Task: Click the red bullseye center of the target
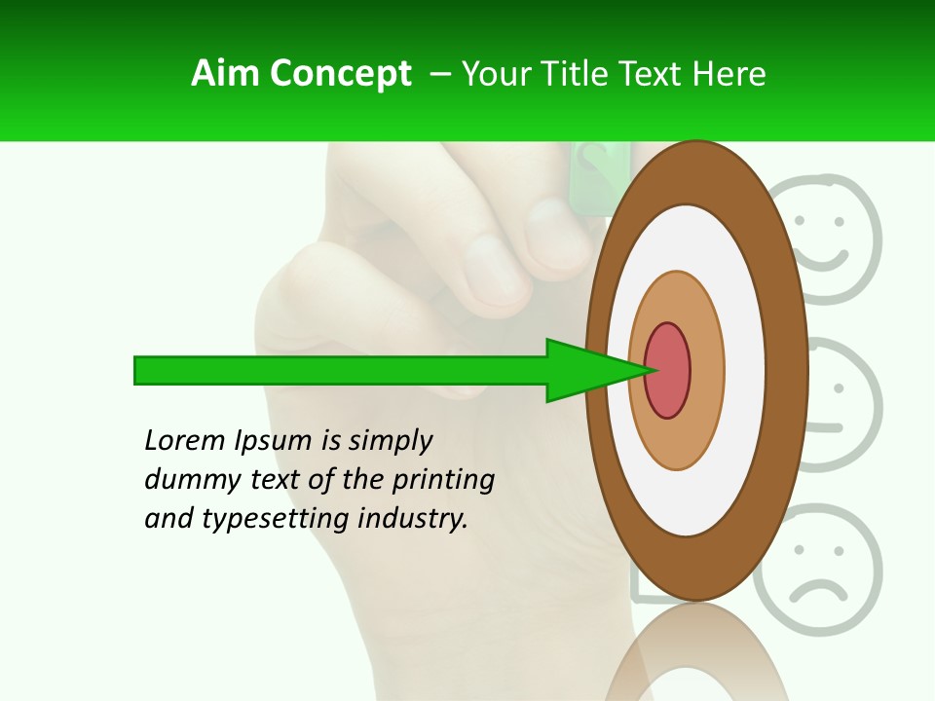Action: point(668,370)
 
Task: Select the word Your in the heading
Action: point(493,74)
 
